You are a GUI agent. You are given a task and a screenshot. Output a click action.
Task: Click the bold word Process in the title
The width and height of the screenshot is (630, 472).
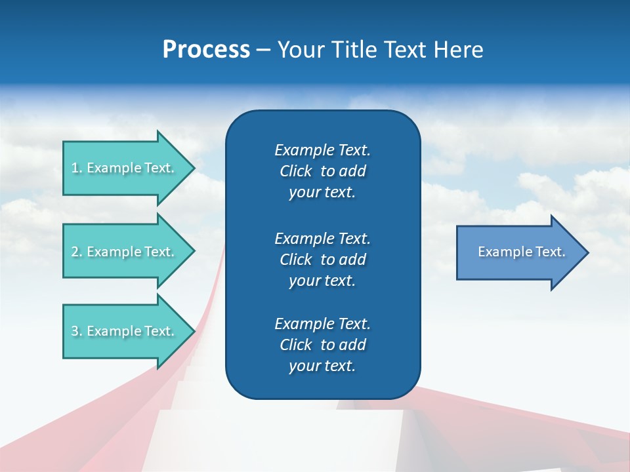click(x=206, y=50)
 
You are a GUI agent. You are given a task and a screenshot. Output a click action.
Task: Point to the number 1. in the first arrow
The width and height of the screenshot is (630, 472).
click(x=77, y=168)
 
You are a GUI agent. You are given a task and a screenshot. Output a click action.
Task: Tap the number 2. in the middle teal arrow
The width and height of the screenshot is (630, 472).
click(x=77, y=252)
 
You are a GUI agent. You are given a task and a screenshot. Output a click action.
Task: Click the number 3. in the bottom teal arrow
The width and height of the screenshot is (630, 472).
click(x=77, y=331)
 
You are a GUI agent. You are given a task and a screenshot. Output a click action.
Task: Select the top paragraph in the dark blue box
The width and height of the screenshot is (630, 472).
click(x=322, y=171)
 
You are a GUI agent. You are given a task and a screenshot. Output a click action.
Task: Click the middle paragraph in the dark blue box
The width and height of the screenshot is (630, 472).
click(x=322, y=259)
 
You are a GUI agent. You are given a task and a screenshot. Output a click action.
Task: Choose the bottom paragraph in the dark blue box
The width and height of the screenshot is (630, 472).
click(x=322, y=345)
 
